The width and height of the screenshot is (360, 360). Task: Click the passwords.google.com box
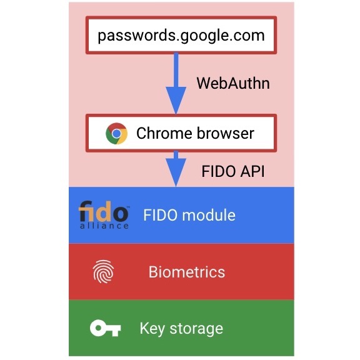181,35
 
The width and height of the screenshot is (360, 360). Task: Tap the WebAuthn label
233,83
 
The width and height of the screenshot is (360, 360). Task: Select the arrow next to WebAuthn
176,83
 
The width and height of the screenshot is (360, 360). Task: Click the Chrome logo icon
116,133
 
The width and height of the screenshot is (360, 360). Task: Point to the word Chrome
164,133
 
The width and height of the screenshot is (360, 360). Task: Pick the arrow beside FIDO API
176,169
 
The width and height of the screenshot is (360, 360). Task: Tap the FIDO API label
233,171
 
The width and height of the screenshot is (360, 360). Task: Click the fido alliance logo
104,214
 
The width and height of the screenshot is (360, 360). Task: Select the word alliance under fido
104,226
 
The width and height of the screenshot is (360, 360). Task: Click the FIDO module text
189,215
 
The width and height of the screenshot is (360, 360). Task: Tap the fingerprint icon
103,272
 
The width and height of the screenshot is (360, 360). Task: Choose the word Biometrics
187,272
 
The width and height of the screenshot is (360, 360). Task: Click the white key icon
106,328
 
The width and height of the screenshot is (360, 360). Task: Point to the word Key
152,329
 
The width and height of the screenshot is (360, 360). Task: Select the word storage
196,329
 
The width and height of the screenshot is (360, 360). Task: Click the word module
209,215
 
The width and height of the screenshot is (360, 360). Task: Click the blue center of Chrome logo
116,133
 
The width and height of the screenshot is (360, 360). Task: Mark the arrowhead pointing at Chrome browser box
176,101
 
